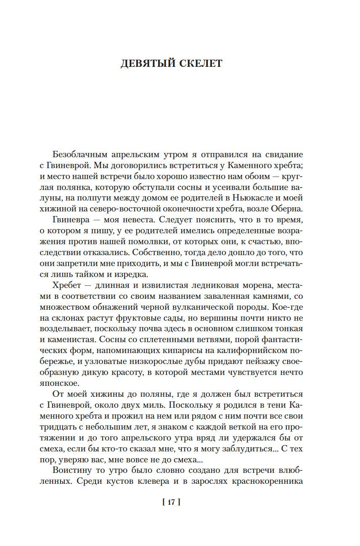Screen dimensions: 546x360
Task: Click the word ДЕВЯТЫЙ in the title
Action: (x=145, y=63)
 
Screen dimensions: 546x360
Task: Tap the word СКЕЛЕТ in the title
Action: (x=199, y=63)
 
